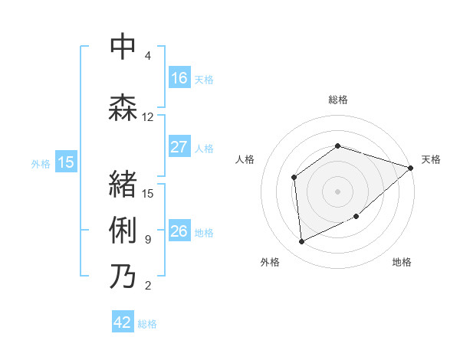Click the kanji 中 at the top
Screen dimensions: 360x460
[123, 47]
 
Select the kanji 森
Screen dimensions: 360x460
[123, 107]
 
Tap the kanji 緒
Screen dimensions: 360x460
[123, 184]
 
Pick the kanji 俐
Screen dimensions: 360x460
[123, 230]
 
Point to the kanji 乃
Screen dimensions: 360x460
[123, 276]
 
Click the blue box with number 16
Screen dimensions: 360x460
[179, 78]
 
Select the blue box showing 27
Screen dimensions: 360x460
[179, 147]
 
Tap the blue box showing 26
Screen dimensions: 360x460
[179, 231]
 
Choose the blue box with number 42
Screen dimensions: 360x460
[123, 322]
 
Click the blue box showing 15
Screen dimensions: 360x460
[66, 162]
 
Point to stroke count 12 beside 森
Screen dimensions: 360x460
[148, 117]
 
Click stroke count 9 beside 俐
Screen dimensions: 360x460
[148, 240]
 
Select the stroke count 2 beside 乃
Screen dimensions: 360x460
[148, 286]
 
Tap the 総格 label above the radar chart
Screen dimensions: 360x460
[338, 100]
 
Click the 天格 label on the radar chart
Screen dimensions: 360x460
[432, 159]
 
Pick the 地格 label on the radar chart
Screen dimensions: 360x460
[402, 263]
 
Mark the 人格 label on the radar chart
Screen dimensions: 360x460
[245, 159]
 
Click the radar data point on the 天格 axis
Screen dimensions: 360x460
[411, 168]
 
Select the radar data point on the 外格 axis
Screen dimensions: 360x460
[302, 242]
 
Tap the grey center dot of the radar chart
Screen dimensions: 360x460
[338, 191]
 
